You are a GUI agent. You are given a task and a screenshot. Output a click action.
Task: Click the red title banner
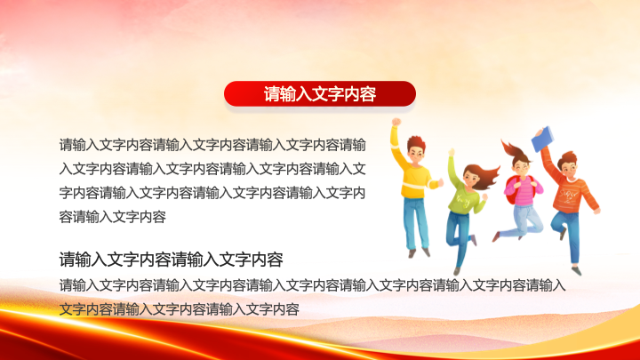320,94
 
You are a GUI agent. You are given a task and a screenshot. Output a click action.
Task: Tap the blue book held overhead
542,139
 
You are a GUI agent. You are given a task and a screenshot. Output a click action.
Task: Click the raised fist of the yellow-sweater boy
396,122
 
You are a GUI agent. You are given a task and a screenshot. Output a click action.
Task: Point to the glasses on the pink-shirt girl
522,166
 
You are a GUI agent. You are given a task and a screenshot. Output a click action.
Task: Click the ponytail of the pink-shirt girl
511,150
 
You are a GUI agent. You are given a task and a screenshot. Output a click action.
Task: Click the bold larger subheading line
171,260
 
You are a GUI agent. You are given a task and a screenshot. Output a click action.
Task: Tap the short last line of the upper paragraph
113,217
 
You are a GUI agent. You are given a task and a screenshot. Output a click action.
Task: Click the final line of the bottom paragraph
180,309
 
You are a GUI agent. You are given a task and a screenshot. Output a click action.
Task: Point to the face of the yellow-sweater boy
415,155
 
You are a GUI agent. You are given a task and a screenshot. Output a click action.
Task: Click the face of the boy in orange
569,166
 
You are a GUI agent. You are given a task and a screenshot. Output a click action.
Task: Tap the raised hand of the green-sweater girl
452,152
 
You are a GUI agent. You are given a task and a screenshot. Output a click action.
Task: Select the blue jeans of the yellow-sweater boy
415,222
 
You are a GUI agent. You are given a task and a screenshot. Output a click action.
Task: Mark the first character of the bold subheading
67,260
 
